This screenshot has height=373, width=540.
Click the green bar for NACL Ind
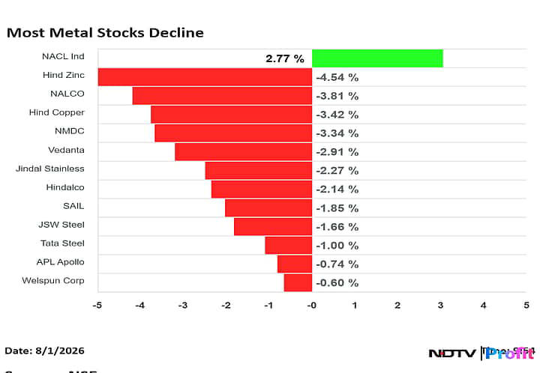[377, 58]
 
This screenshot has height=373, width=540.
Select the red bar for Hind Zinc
[205, 76]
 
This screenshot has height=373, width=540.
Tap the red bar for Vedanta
[243, 151]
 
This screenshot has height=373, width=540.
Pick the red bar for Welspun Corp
[298, 282]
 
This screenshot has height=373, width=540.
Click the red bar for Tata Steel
[288, 245]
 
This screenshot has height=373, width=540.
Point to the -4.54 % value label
[337, 76]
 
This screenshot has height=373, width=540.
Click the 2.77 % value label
[284, 58]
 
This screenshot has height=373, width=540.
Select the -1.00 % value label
[337, 245]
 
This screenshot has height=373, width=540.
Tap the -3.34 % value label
[337, 133]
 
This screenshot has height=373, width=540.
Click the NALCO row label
[68, 94]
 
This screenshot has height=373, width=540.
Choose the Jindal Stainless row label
[50, 169]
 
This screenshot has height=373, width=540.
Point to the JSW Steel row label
[61, 225]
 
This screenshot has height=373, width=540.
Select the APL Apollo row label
[61, 262]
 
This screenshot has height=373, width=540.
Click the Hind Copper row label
[56, 112]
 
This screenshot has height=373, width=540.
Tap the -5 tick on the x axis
[97, 305]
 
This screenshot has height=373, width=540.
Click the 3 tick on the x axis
[440, 305]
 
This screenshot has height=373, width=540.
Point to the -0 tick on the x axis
[311, 305]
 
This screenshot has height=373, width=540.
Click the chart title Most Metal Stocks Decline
[104, 33]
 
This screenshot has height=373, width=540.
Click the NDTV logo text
[451, 353]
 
